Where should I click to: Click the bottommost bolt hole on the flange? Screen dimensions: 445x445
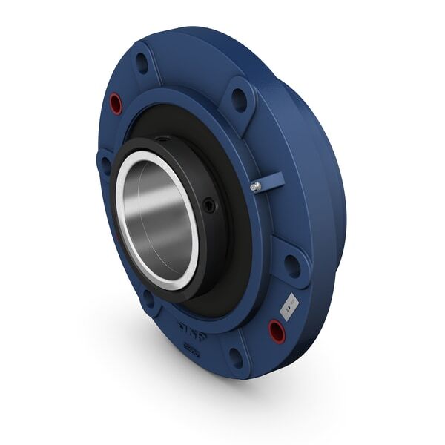pyautogui.click(x=237, y=357)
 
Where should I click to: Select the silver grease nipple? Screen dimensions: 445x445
pyautogui.click(x=255, y=187)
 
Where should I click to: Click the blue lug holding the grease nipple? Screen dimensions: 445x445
pyautogui.click(x=271, y=181)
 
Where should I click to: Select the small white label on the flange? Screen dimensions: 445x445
pyautogui.click(x=289, y=302)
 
